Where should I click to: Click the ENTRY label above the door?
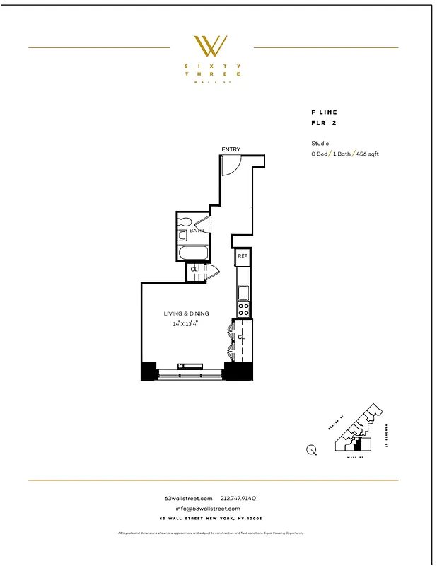pyautogui.click(x=231, y=149)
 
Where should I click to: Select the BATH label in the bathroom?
pyautogui.click(x=197, y=230)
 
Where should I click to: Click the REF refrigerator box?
pyautogui.click(x=243, y=256)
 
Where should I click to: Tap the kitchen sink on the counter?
pyautogui.click(x=243, y=291)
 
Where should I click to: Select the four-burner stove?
pyautogui.click(x=243, y=309)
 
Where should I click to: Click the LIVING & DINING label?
pyautogui.click(x=183, y=313)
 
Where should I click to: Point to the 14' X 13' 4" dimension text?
pyautogui.click(x=185, y=323)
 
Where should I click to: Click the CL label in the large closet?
pyautogui.click(x=241, y=337)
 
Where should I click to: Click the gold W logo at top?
pyautogui.click(x=211, y=46)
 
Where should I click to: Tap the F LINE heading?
pyautogui.click(x=325, y=112)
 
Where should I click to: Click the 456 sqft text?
pyautogui.click(x=368, y=154)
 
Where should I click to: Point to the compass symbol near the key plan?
pyautogui.click(x=311, y=448)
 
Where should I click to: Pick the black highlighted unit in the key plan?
pyautogui.click(x=357, y=444)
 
